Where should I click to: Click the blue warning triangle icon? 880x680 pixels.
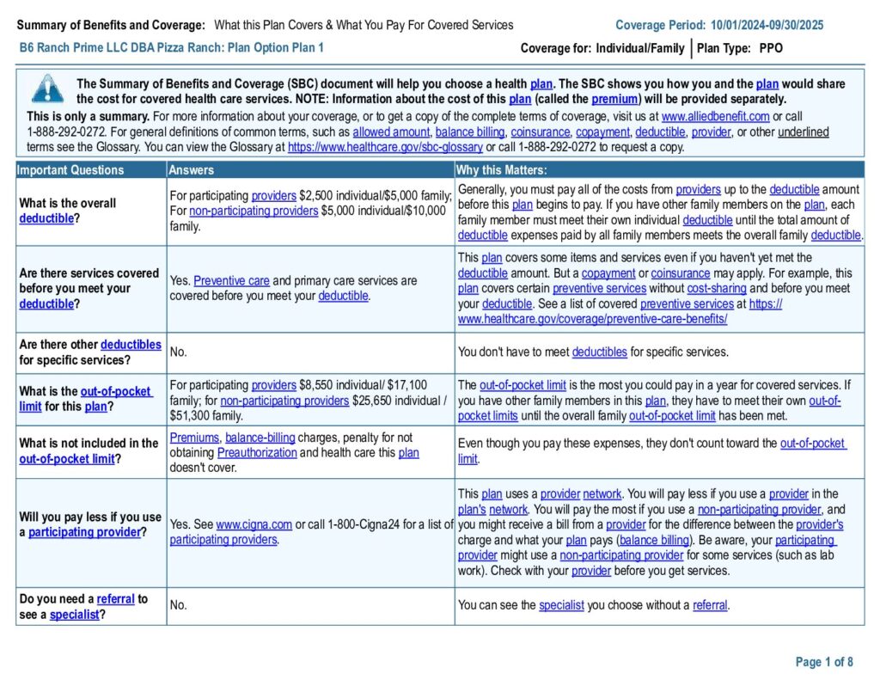(47, 89)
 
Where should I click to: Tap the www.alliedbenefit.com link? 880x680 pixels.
(715, 116)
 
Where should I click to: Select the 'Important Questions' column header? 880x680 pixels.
(70, 170)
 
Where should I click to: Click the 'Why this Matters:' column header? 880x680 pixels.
(501, 170)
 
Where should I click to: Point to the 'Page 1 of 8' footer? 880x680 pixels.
(824, 662)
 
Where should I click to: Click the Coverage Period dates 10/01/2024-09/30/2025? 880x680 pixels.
(767, 25)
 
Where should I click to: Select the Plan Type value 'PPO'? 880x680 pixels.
(771, 48)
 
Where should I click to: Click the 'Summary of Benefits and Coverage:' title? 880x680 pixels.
(111, 25)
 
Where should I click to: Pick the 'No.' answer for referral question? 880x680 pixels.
(179, 605)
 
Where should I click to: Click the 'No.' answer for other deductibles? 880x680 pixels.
(179, 352)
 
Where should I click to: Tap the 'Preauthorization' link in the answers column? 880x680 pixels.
(257, 452)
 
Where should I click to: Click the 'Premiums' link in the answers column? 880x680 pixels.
(194, 438)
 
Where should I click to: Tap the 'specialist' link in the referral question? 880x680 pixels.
(74, 615)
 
